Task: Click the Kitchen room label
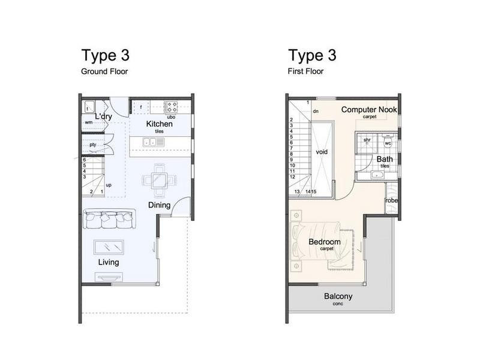point(159,124)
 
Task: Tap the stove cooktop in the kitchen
point(171,107)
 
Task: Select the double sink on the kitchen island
point(154,142)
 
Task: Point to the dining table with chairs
point(160,181)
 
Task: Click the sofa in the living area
point(109,219)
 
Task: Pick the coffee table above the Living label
point(109,247)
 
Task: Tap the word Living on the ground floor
point(109,262)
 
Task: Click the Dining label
point(159,205)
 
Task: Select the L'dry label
point(103,116)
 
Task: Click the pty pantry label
point(93,145)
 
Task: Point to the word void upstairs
point(322,152)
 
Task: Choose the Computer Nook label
point(369,110)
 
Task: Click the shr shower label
point(367,140)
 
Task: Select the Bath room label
point(385,159)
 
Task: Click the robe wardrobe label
point(391,200)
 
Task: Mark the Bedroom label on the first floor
point(325,242)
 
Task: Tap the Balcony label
point(338,296)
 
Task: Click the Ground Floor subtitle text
point(104,71)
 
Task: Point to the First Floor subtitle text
point(305,71)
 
